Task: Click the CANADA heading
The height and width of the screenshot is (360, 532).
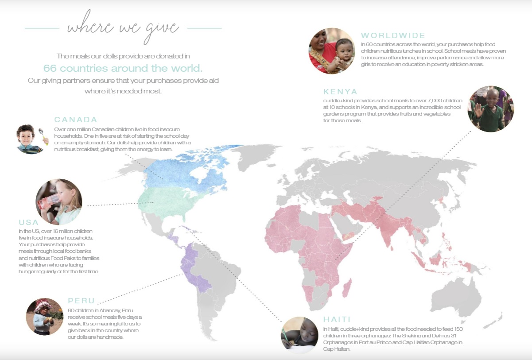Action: point(76,120)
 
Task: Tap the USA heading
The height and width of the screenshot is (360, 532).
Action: point(29,222)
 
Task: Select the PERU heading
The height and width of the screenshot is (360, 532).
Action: point(82,301)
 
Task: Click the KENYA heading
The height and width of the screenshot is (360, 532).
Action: point(340,92)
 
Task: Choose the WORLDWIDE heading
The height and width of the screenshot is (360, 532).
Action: point(393,35)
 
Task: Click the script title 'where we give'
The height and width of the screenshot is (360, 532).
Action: point(123,27)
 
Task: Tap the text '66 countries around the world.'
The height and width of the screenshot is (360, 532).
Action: point(123,68)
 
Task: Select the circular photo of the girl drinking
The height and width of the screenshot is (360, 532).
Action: point(59,202)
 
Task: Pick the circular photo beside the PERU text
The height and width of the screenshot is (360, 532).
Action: point(45,317)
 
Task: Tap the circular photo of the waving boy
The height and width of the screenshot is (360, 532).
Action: point(490,109)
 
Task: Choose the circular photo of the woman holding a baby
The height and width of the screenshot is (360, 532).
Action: point(332,50)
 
